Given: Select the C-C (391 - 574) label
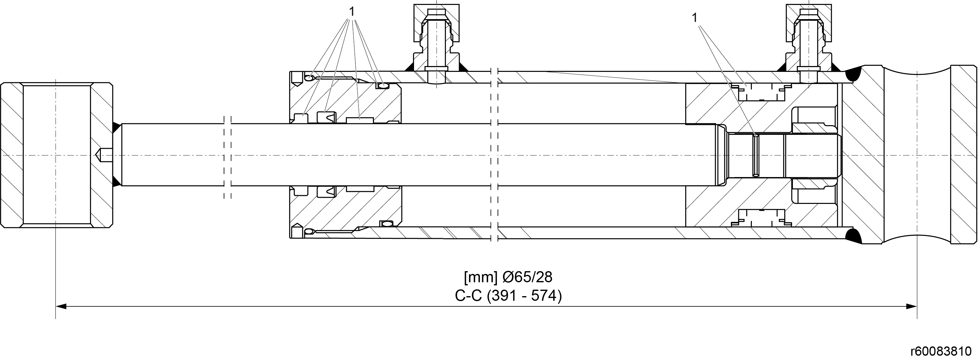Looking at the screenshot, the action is coord(508,296).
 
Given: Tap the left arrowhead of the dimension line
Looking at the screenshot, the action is coord(61,306).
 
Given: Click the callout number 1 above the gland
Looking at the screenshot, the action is coord(352,12).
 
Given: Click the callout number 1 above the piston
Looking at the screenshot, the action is coord(695,18).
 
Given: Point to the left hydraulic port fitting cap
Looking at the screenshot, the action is coord(436,23).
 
